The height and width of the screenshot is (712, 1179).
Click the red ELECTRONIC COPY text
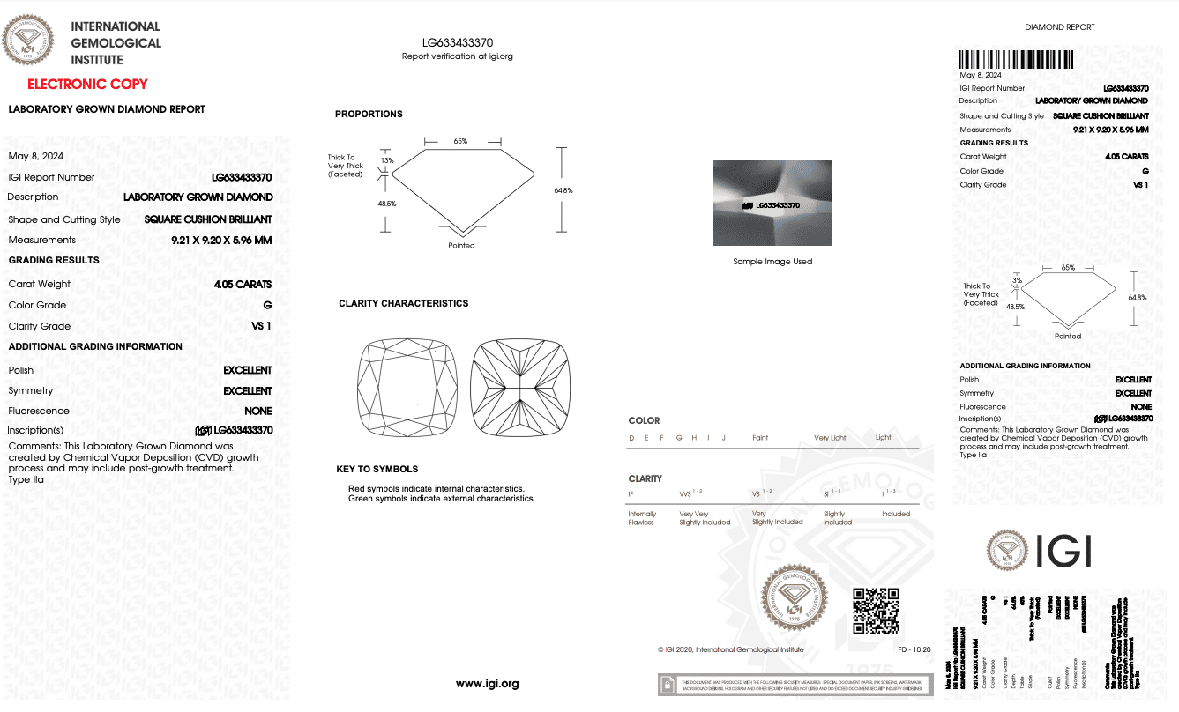[x=87, y=85]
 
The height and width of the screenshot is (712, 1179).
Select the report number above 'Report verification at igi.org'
[x=457, y=41]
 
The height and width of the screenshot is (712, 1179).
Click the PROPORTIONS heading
[x=369, y=115]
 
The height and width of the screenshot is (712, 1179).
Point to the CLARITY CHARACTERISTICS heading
[x=403, y=304]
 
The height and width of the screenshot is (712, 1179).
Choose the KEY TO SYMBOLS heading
[x=377, y=470]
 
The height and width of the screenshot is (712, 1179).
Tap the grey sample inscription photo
[x=772, y=203]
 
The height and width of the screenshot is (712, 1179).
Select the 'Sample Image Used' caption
[x=772, y=262]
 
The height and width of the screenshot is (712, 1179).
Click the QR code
[x=876, y=611]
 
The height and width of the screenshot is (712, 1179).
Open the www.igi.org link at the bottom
[x=487, y=684]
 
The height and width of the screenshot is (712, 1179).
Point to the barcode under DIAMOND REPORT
[x=1017, y=59]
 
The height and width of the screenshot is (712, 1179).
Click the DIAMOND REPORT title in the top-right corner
[x=1059, y=27]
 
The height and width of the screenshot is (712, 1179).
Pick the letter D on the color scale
[x=631, y=438]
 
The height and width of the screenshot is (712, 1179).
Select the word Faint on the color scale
[x=759, y=438]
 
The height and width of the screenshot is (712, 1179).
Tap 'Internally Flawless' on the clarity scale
[x=641, y=518]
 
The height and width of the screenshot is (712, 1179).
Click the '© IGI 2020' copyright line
[x=730, y=650]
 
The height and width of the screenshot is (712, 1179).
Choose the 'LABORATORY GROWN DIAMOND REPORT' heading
[x=107, y=110]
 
